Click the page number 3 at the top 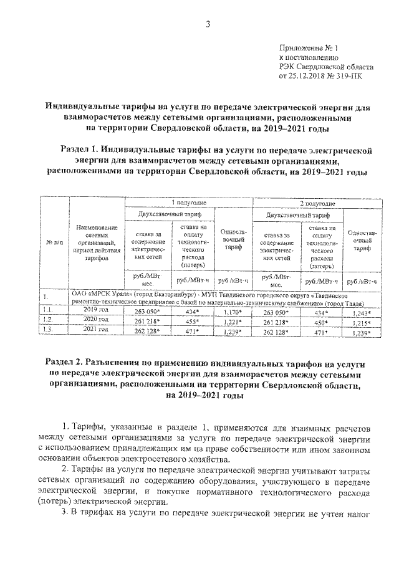click(209, 24)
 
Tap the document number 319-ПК click(347, 76)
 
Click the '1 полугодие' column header click(190, 204)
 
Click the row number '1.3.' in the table click(47, 328)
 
